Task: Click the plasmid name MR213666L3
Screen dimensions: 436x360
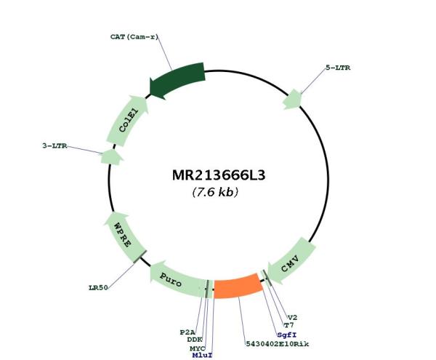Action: (x=219, y=175)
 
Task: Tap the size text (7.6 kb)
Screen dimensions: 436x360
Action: (x=215, y=192)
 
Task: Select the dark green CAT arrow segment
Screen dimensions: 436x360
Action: (x=178, y=79)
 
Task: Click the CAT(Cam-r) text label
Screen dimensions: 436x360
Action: (x=134, y=36)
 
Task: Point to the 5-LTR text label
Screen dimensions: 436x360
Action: (x=338, y=68)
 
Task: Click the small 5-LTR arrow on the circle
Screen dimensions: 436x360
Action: (x=293, y=100)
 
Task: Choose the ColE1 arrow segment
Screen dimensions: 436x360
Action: (x=128, y=121)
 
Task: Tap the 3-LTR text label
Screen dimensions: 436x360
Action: (x=54, y=145)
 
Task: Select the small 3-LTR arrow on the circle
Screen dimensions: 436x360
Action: (x=111, y=157)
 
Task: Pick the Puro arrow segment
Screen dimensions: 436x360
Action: (x=178, y=281)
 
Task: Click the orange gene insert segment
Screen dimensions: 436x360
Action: (x=238, y=287)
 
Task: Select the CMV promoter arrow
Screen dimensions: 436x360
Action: (x=291, y=262)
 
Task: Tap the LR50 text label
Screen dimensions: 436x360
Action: (x=98, y=288)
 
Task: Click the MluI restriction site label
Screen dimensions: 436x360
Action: (x=203, y=355)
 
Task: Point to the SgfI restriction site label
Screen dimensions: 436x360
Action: (x=287, y=335)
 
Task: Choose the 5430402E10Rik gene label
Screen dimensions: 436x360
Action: (x=278, y=344)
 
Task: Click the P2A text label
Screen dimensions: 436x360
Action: (x=187, y=332)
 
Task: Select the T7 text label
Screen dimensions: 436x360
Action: (x=288, y=325)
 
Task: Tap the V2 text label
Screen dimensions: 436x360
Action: (x=292, y=317)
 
